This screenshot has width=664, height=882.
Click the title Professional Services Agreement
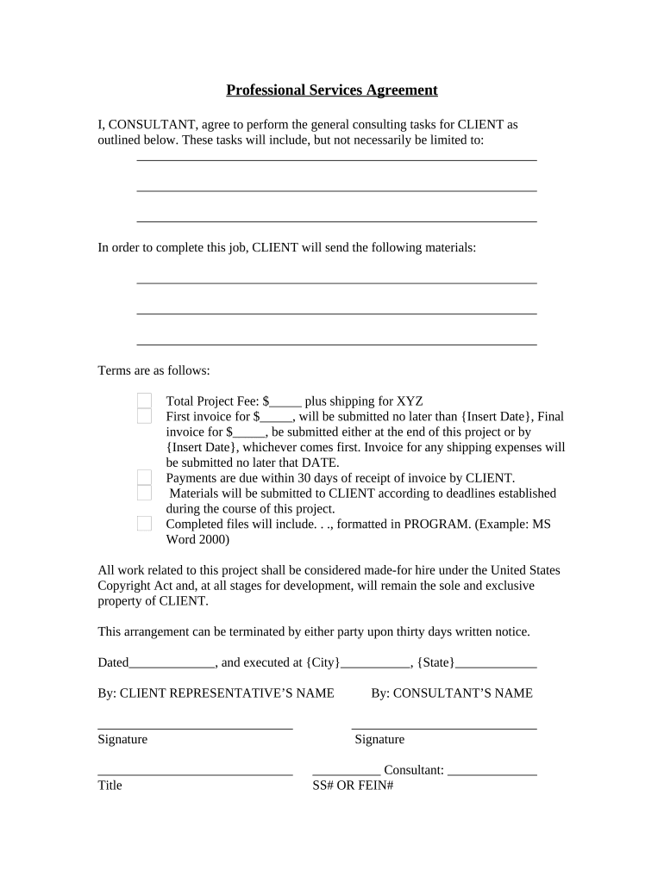332,90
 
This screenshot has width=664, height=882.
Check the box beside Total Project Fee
145,401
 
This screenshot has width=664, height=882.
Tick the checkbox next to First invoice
145,416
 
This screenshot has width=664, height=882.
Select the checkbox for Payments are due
145,478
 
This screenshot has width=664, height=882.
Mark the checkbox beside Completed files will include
145,524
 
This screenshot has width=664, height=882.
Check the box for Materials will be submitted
145,493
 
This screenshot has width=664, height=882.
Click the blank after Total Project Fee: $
285,401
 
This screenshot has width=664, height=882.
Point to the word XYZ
410,401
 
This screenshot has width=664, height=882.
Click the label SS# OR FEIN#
353,786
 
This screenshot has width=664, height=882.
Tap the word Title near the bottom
110,786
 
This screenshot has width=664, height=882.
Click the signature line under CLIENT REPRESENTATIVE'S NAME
195,728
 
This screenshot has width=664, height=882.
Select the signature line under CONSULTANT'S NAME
444,728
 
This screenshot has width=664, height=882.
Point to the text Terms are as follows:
154,371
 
